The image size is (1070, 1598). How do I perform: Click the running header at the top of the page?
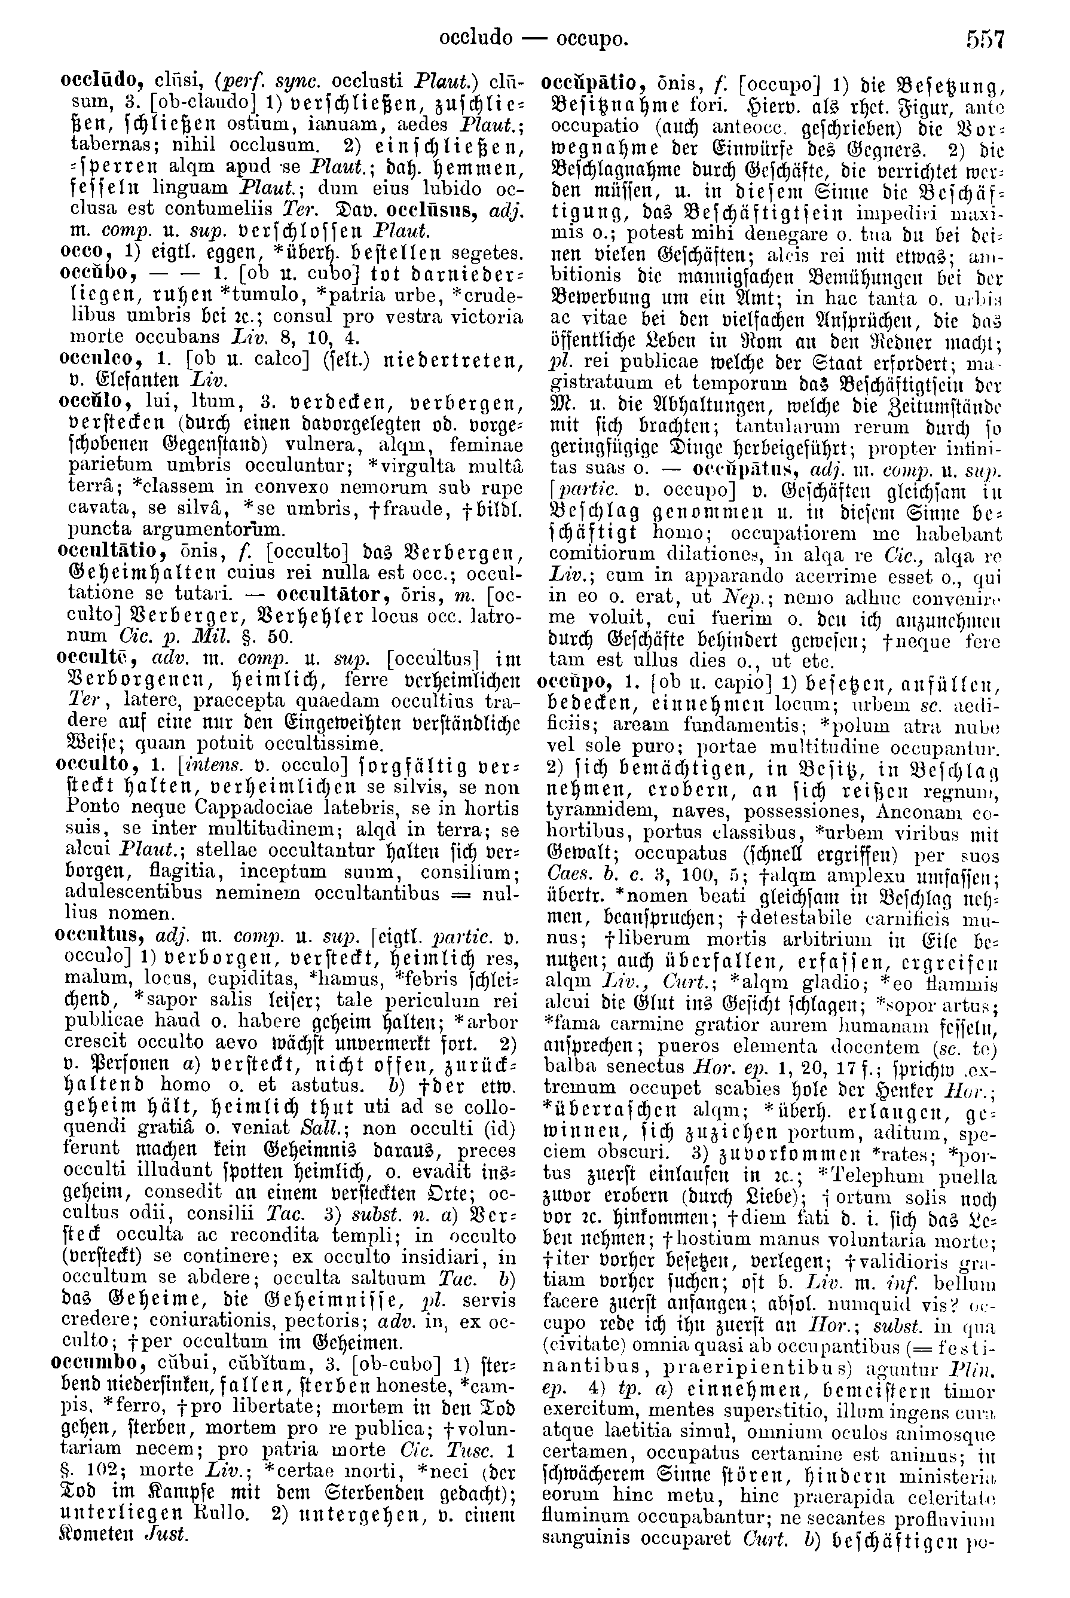pyautogui.click(x=533, y=39)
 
